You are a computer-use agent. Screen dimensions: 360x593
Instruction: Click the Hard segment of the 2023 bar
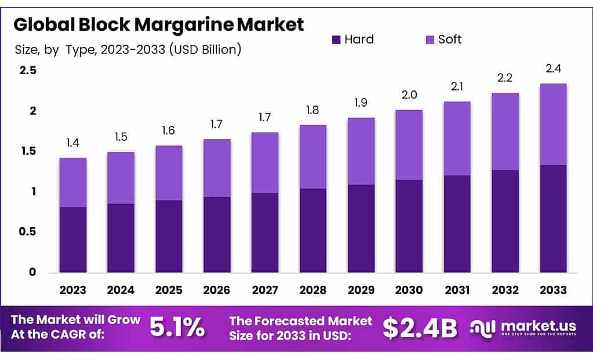click(73, 239)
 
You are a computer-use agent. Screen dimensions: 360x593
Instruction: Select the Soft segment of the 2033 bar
click(552, 124)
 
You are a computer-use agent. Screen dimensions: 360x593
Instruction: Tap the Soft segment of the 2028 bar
click(313, 157)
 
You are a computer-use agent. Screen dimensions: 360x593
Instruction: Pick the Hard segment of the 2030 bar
click(409, 226)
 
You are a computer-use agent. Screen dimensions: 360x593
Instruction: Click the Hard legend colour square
click(336, 39)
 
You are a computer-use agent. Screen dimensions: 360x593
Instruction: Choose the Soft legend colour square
click(430, 39)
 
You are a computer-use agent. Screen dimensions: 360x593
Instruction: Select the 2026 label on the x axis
click(217, 290)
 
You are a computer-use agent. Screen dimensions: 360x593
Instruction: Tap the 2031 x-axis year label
click(457, 290)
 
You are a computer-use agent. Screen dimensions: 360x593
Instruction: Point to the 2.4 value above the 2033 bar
click(552, 69)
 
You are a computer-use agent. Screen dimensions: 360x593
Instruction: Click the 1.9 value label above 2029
click(361, 103)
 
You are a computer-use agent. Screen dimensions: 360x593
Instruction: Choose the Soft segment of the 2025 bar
click(169, 173)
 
